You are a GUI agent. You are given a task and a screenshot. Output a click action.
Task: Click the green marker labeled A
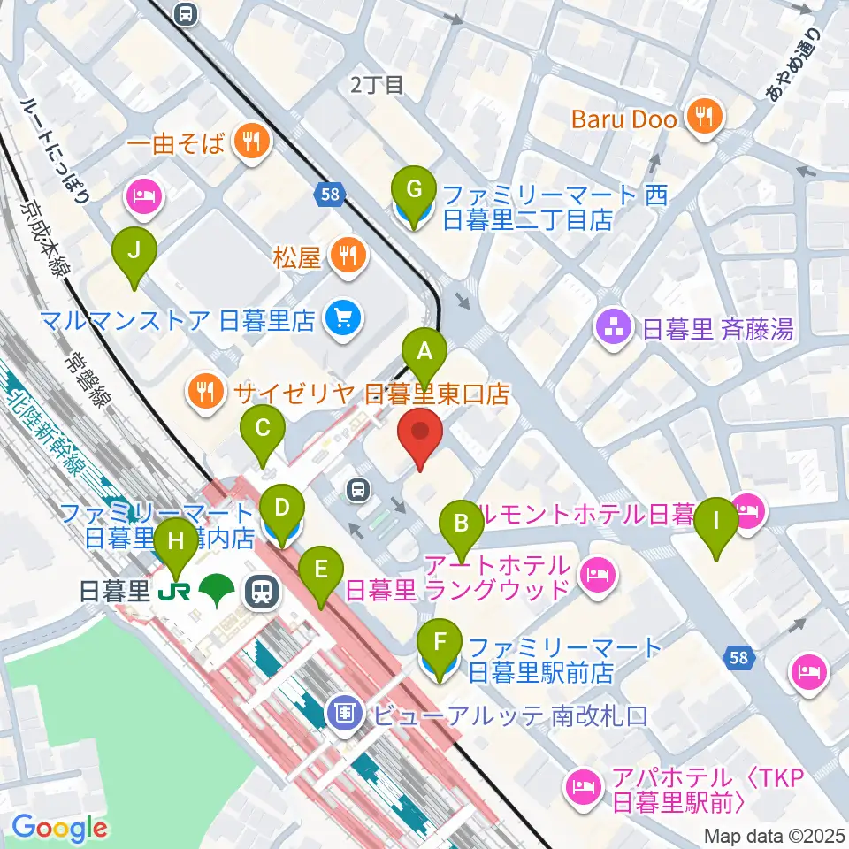click(x=424, y=352)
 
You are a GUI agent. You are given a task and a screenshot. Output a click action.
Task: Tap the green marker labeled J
click(x=134, y=250)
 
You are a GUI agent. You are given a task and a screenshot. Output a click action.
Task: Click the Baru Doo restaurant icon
click(x=704, y=118)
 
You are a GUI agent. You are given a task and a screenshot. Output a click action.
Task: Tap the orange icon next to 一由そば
click(x=252, y=141)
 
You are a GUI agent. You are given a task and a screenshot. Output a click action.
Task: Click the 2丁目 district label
click(x=377, y=85)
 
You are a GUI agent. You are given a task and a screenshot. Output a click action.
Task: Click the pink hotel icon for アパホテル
click(x=583, y=783)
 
